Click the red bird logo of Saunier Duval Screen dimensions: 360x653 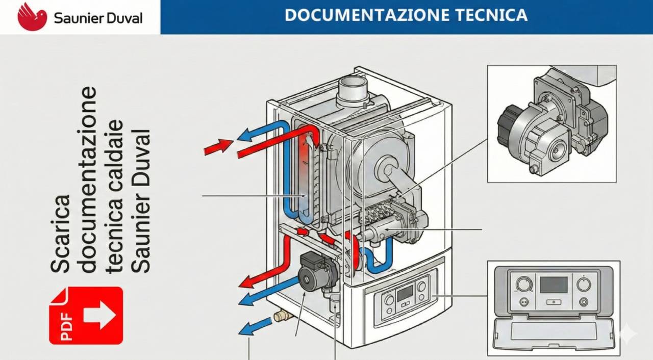32,16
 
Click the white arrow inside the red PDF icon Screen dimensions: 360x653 100,315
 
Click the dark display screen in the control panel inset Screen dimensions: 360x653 553,285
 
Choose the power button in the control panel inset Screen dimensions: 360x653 584,301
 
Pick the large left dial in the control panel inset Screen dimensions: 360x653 523,284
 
